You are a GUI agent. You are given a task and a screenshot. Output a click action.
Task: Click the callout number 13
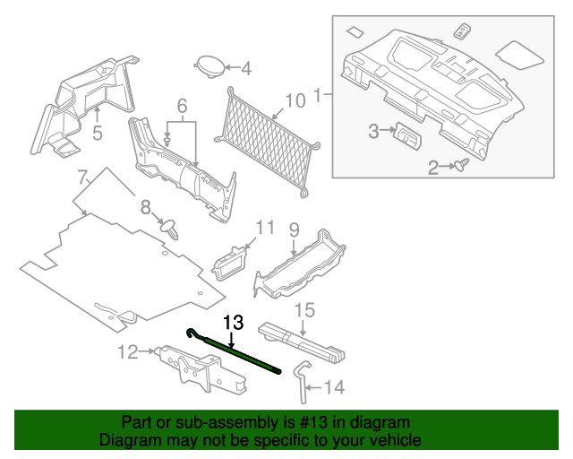(233, 321)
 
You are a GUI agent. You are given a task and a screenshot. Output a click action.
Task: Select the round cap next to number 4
(210, 66)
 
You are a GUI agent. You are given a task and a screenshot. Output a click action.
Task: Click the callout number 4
(245, 67)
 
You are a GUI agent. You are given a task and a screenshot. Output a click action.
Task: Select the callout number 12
(127, 351)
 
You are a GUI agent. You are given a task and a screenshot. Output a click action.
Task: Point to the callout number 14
(334, 387)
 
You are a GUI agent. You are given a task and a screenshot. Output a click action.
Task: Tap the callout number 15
(305, 311)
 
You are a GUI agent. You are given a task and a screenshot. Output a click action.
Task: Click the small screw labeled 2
(465, 165)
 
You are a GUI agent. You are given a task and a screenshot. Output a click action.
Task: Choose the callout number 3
(374, 132)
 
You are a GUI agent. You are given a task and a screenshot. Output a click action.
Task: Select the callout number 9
(293, 229)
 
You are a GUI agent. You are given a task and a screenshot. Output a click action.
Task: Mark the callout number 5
(98, 134)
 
